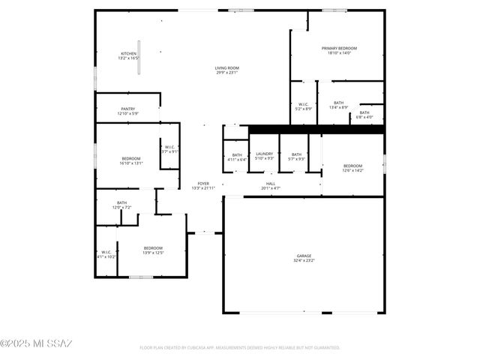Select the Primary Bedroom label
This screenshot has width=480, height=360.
click(339, 50)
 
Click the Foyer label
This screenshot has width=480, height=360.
click(203, 185)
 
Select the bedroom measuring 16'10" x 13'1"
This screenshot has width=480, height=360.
click(131, 160)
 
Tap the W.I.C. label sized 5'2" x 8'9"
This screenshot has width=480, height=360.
click(304, 106)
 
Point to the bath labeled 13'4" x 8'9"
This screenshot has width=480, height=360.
click(338, 104)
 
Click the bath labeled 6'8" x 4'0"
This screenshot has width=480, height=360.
click(364, 114)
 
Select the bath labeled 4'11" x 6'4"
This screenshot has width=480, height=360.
click(236, 157)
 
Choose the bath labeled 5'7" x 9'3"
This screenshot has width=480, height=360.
click(296, 156)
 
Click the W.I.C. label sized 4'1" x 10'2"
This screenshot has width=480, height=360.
click(106, 254)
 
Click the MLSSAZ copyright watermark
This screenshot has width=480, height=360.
click(36, 344)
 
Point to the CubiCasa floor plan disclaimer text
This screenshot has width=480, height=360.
click(240, 348)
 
